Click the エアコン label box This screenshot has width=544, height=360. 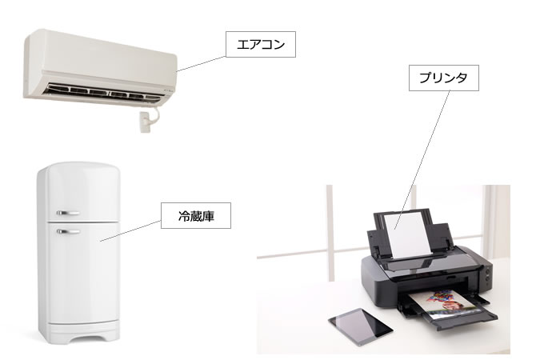coord(261,44)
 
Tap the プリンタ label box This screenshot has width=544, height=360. coord(444,78)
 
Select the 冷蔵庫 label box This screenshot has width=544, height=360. coord(196,216)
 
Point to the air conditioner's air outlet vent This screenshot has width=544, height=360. coord(103,92)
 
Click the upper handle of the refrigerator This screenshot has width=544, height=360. coord(68,213)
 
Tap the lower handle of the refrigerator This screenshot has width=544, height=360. coord(68,231)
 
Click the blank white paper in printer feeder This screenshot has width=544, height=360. coord(408,236)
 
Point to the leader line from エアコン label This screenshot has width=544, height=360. coord(202,64)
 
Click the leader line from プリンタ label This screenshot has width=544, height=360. coord(422,160)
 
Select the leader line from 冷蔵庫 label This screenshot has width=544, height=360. coord(130,230)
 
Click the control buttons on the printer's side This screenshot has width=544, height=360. coord(488,274)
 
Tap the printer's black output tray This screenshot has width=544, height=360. coord(451,314)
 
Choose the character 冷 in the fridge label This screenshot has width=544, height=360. coord(184,216)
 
